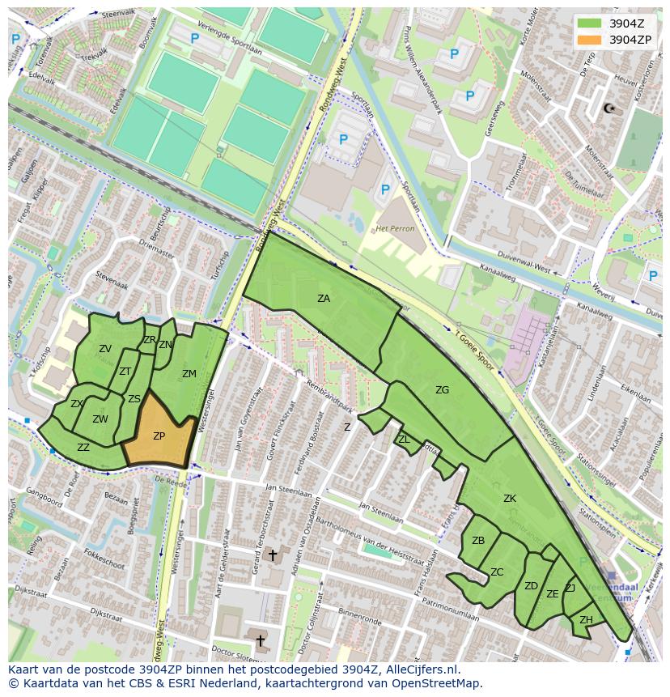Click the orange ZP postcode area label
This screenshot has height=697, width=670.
tap(159, 436)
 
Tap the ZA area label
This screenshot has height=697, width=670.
tap(324, 299)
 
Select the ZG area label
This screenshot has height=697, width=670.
tap(442, 390)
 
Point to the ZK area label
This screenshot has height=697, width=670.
tap(510, 499)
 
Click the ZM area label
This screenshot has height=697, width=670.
tap(189, 374)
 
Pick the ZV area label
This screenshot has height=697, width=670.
tap(105, 349)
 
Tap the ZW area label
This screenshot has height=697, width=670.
tap(100, 419)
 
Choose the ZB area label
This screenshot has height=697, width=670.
tap(478, 541)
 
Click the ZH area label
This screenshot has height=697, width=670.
tap(586, 620)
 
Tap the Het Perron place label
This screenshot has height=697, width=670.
tap(396, 228)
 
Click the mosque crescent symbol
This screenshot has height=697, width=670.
tap(609, 108)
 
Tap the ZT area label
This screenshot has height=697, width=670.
tap(125, 372)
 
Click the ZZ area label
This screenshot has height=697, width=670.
tap(83, 447)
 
